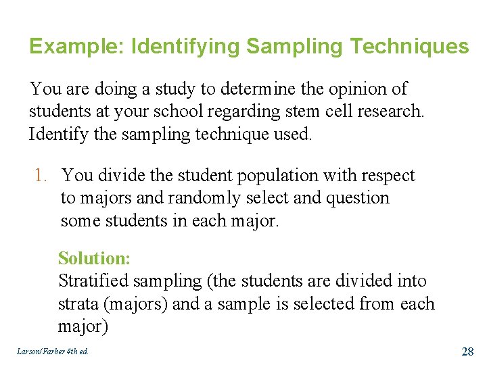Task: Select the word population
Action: (258, 176)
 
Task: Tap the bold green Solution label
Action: (94, 258)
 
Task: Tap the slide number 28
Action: (467, 351)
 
